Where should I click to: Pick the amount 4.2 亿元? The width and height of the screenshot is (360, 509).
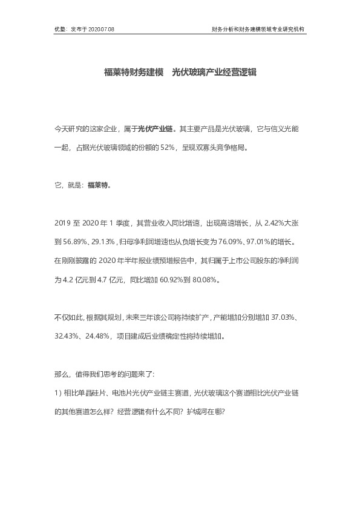tap(74, 280)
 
